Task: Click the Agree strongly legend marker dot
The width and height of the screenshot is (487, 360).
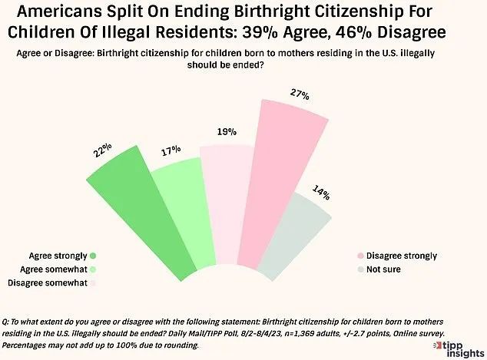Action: click(x=92, y=256)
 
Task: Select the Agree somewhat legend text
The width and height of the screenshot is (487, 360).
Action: click(x=48, y=269)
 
